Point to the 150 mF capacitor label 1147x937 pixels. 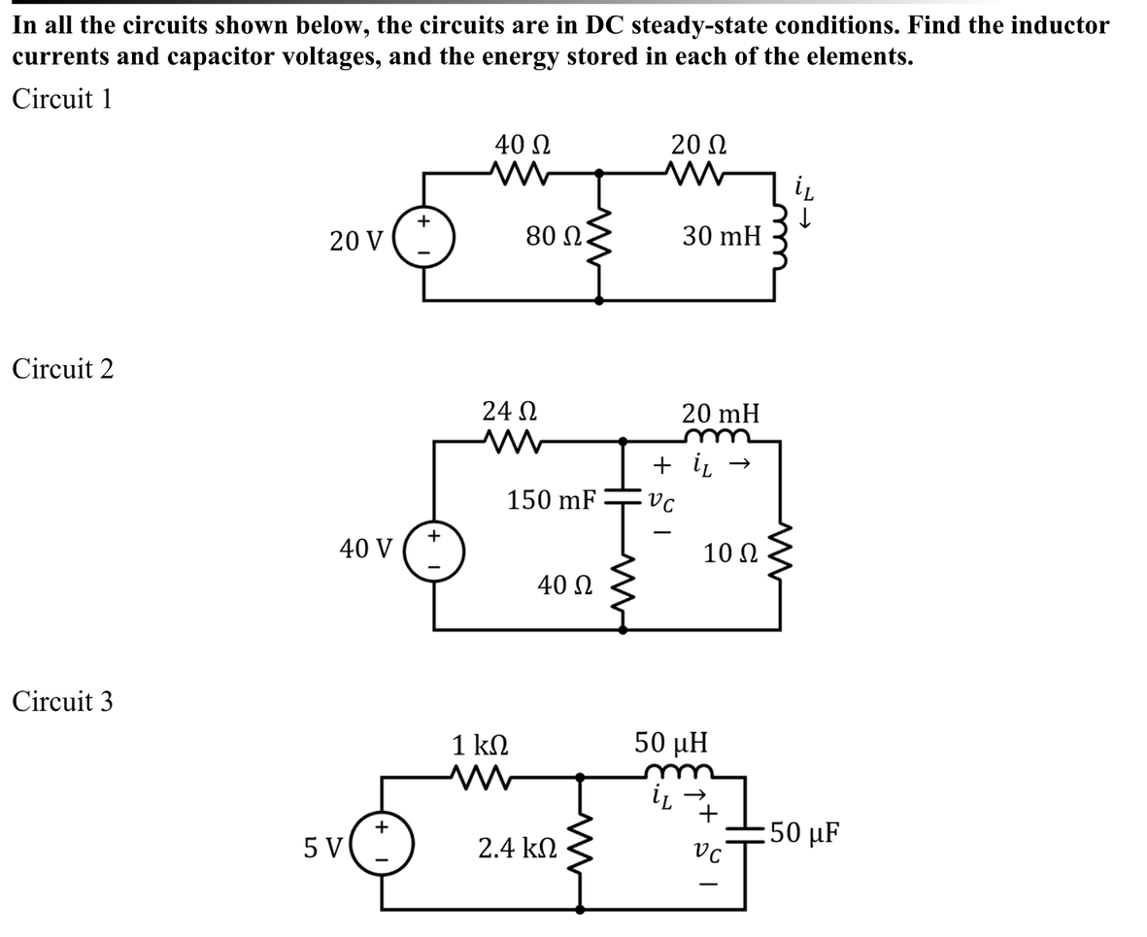click(x=552, y=501)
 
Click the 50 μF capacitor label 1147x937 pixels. click(x=803, y=833)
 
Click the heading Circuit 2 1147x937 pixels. click(x=63, y=368)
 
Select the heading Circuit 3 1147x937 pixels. click(x=63, y=700)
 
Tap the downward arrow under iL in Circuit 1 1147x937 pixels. click(x=802, y=223)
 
